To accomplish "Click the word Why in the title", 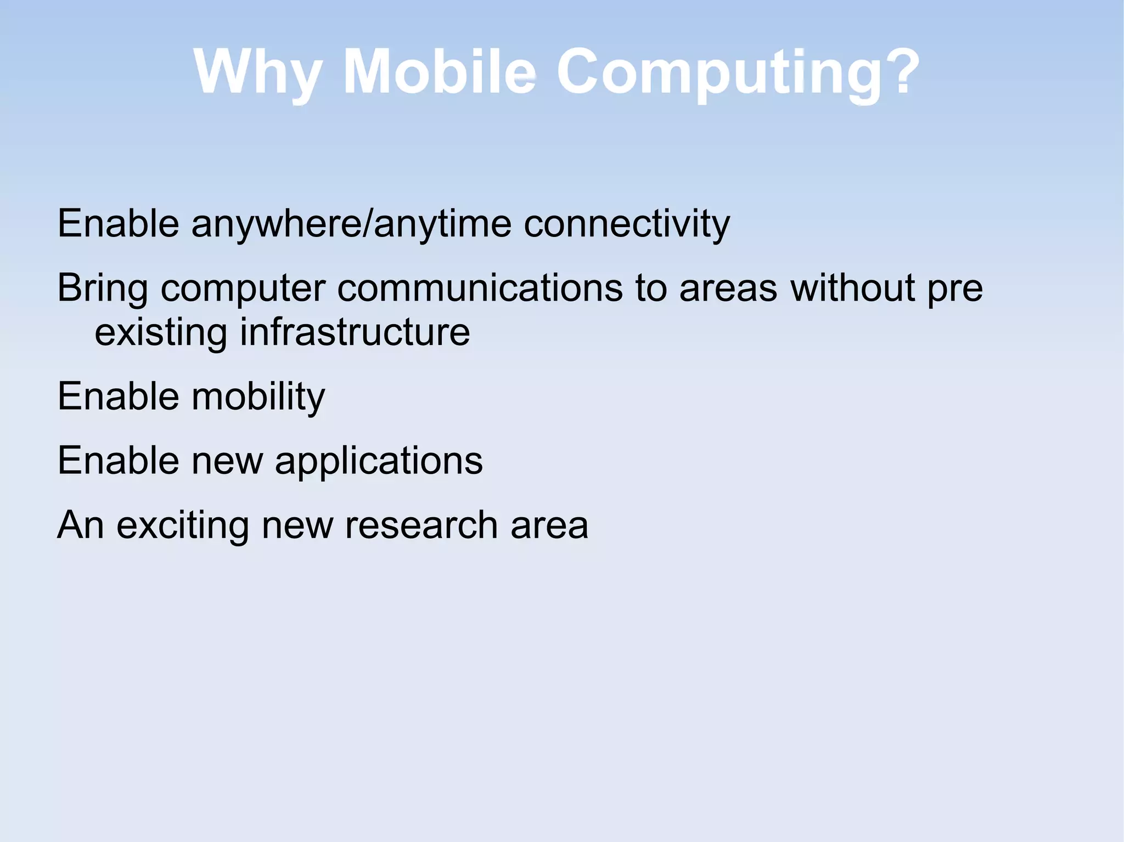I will [x=257, y=73].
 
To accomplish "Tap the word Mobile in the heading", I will [x=439, y=72].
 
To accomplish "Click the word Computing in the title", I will [x=724, y=73].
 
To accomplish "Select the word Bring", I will [x=103, y=289].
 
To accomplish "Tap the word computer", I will [x=243, y=289].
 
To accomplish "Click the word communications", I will [x=480, y=287].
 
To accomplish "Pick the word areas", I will [x=728, y=287].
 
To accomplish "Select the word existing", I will [x=161, y=333].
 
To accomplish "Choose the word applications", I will [x=379, y=461].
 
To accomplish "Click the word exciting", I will [x=183, y=525].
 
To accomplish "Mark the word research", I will [x=421, y=525].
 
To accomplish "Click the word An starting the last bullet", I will [x=81, y=525].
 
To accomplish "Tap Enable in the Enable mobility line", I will [x=118, y=396].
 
